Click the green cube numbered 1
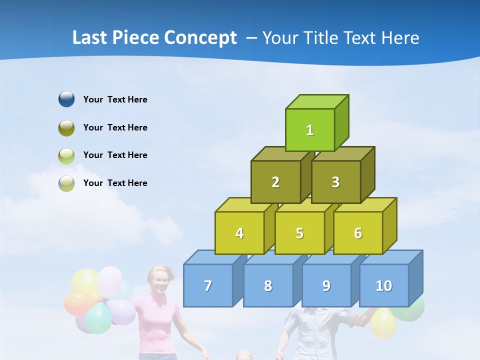coord(310,130)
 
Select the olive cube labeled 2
coord(275,182)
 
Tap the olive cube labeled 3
coord(336,182)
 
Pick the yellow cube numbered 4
coord(239,233)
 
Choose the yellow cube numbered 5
coord(299,233)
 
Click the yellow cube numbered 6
coord(358,233)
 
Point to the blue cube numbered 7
coord(208,285)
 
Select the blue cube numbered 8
coord(268,285)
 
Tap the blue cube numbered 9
coord(326,285)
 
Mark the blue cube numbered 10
coord(384,285)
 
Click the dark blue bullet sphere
coord(66,99)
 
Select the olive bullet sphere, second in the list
coord(66,127)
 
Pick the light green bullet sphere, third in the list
coord(66,155)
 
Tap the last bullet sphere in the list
coord(66,183)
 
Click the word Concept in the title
coord(200,38)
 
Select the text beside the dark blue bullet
coord(115,99)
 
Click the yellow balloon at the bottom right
coord(383,322)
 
